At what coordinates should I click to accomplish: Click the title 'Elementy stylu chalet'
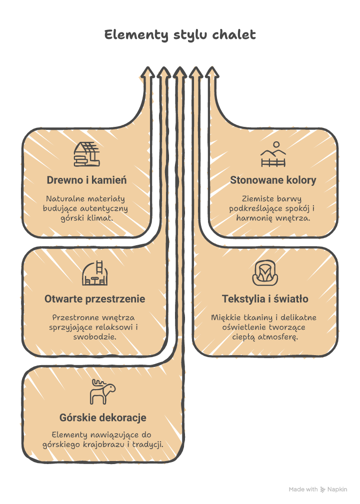coord(180,35)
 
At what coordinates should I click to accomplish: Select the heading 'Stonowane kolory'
coord(273,180)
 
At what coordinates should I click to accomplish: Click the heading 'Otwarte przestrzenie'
coord(95,299)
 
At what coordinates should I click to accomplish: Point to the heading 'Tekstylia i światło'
coord(265,299)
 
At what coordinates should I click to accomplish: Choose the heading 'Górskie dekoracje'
coord(103,418)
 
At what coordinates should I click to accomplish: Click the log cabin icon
coord(87,154)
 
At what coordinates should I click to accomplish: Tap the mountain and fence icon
coord(273,154)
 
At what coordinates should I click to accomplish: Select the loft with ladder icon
coord(95,273)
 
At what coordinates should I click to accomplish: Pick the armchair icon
coord(265,273)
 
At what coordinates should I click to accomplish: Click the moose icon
coord(102,392)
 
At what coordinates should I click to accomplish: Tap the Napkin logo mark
coord(323,490)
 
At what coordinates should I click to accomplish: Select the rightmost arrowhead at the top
coord(212,72)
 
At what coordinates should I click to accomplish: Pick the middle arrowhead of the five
coord(180,72)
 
